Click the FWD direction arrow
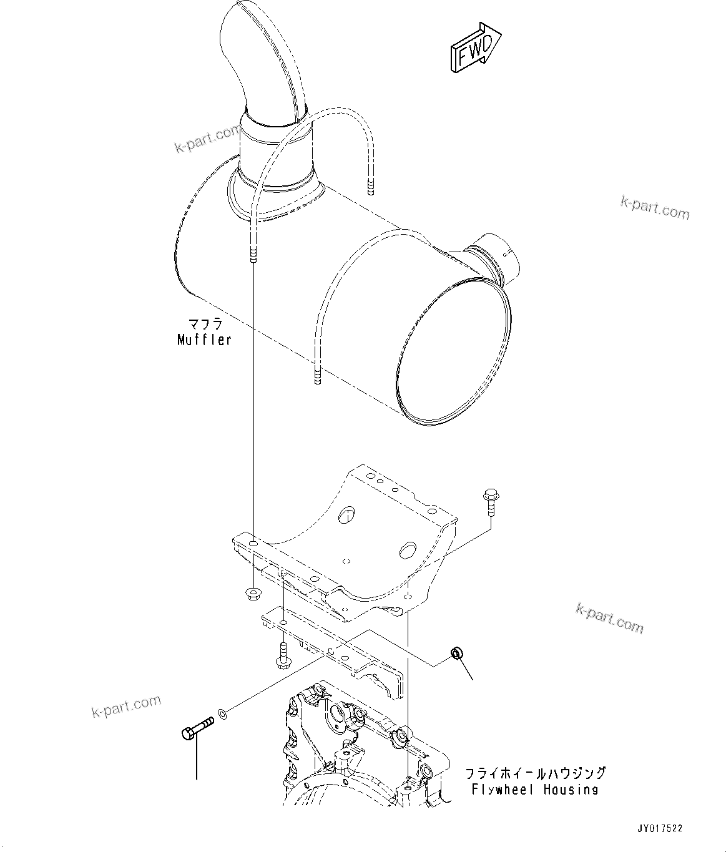click(475, 48)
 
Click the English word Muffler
click(204, 340)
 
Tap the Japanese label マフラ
click(205, 325)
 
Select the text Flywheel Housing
click(534, 790)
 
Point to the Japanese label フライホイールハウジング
click(535, 773)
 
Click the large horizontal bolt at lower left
click(197, 728)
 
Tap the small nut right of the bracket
click(456, 654)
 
